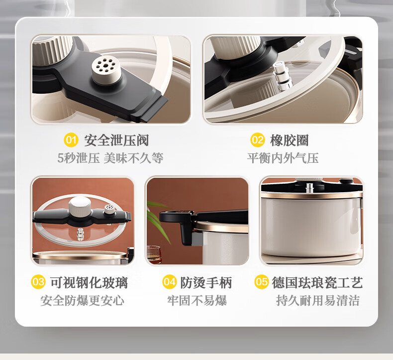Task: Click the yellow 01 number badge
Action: pos(71,140)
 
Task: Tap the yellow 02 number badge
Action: pos(257,140)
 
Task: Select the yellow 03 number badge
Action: pos(38,282)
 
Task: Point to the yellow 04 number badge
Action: pos(170,282)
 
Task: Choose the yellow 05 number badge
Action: pos(261,282)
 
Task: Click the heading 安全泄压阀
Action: pos(116,140)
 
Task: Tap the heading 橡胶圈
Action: pos(290,140)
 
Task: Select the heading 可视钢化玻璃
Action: pos(89,282)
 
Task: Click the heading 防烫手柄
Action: pos(206,282)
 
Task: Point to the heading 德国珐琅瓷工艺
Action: pos(317,282)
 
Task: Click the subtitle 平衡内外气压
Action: pos(283,158)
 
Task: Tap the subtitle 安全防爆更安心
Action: pos(82,300)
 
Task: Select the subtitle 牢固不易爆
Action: pos(197,300)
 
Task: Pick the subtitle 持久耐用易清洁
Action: pos(318,300)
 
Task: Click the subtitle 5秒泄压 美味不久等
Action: pos(110,158)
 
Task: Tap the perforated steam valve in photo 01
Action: pos(106,70)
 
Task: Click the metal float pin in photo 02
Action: pos(282,76)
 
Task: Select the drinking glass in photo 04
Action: pos(154,254)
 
